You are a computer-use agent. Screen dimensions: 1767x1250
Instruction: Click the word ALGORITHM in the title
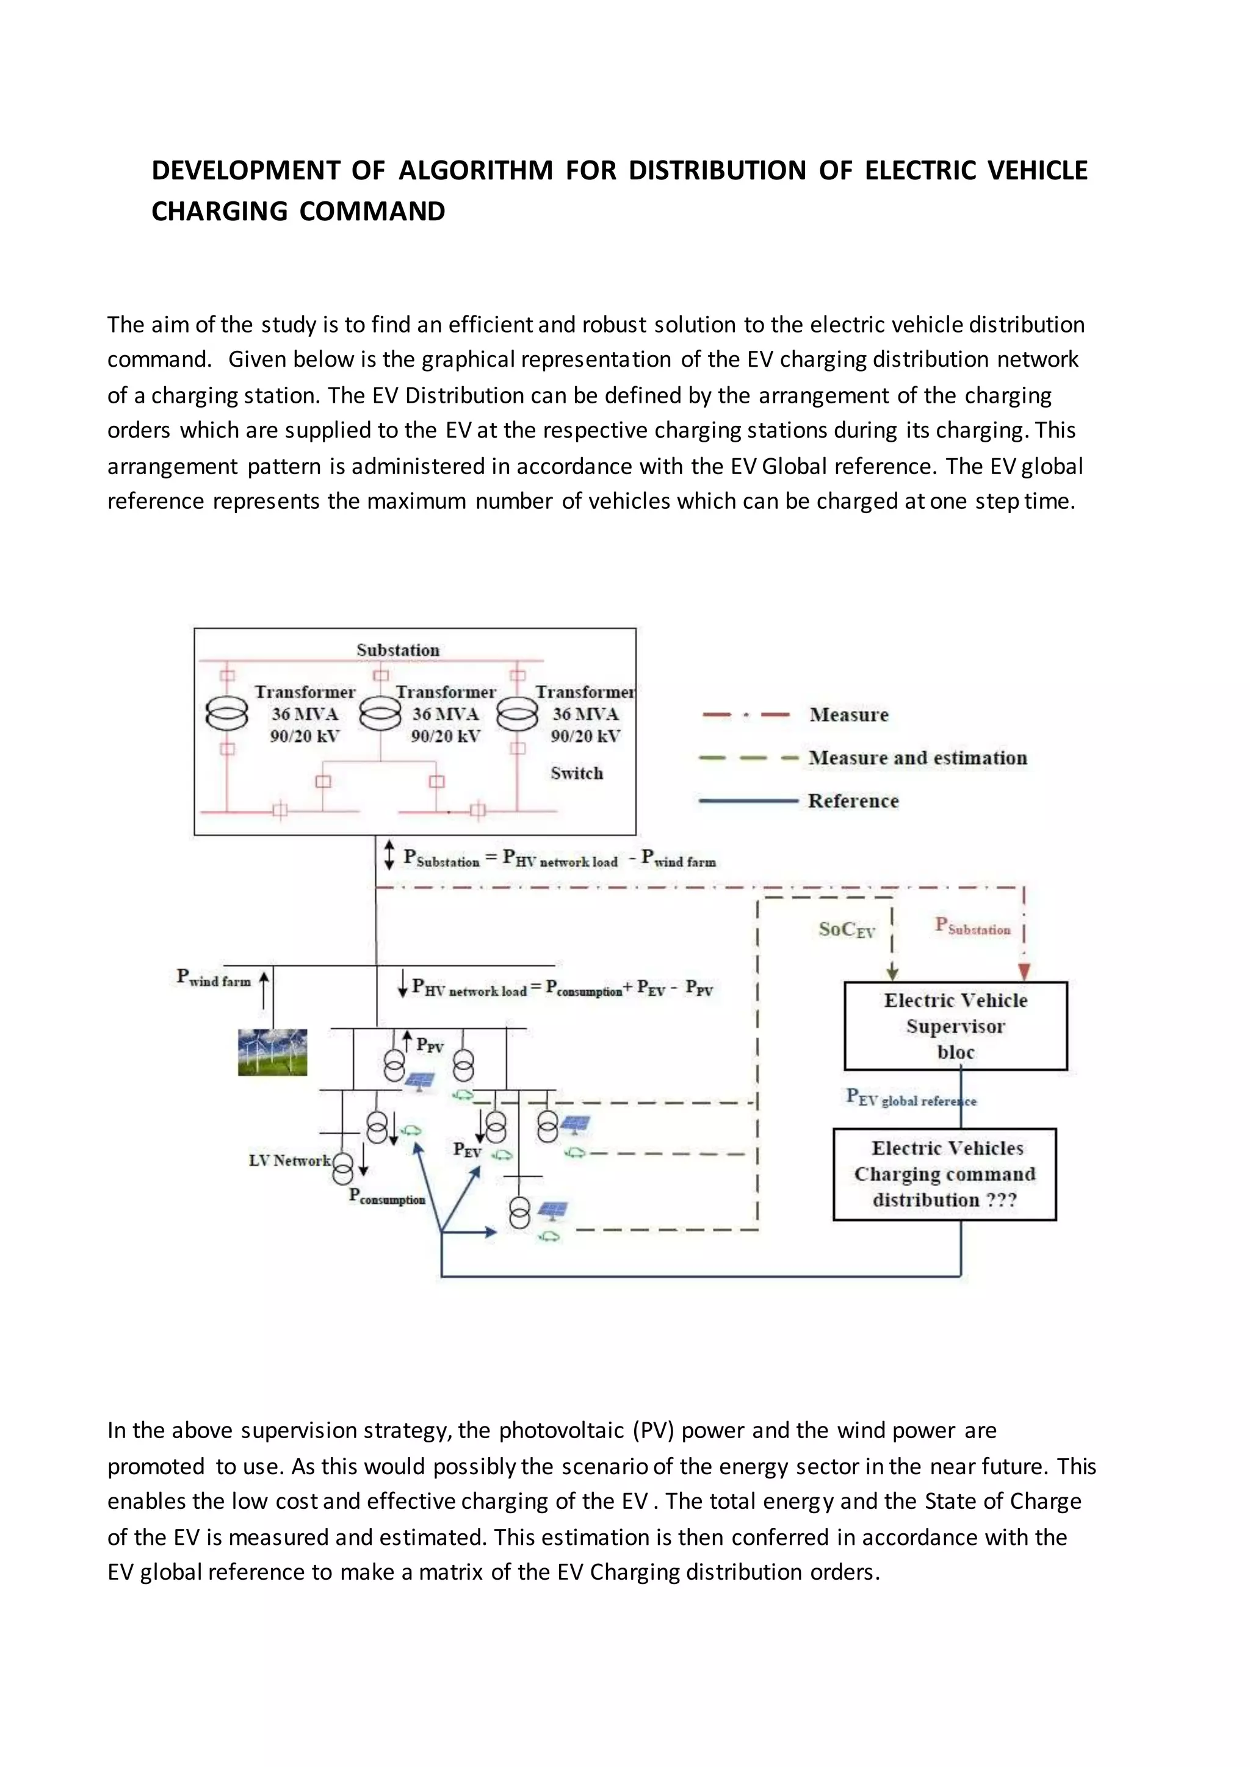tap(475, 171)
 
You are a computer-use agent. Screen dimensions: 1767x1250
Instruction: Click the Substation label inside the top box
tap(398, 650)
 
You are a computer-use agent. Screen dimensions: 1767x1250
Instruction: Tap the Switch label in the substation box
tap(577, 774)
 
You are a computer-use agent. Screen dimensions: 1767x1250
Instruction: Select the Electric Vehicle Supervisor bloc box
tap(955, 1026)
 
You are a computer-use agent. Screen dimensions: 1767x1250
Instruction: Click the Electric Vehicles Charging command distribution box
tap(944, 1175)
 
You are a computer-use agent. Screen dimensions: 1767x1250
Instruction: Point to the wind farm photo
tap(272, 1052)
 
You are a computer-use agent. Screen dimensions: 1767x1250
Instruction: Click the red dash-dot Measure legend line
tap(746, 715)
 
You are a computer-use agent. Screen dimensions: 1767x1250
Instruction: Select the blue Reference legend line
tap(748, 801)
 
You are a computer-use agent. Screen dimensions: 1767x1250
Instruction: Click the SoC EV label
tap(847, 930)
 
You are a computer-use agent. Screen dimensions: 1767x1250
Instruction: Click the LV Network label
tap(289, 1161)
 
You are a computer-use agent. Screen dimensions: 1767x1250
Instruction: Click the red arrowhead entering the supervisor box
tap(1024, 971)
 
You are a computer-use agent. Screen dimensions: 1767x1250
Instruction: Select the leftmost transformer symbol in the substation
tap(227, 714)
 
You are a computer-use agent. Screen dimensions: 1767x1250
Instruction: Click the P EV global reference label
tap(911, 1098)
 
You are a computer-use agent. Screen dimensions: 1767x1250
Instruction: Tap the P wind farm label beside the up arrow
tap(214, 978)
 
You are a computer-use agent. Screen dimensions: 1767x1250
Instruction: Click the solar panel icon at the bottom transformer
tap(552, 1210)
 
